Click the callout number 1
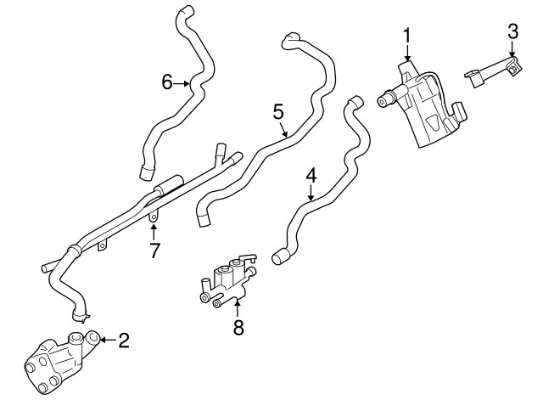pyautogui.click(x=406, y=36)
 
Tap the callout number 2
pyautogui.click(x=124, y=341)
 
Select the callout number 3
pyautogui.click(x=512, y=32)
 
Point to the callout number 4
pyautogui.click(x=311, y=176)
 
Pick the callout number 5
pyautogui.click(x=277, y=110)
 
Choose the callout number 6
pyautogui.click(x=167, y=82)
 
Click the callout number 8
pyautogui.click(x=238, y=328)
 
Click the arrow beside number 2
pyautogui.click(x=106, y=341)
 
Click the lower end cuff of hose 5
pyautogui.click(x=204, y=218)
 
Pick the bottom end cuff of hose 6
pyautogui.click(x=145, y=174)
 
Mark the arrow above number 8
pyautogui.click(x=238, y=307)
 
